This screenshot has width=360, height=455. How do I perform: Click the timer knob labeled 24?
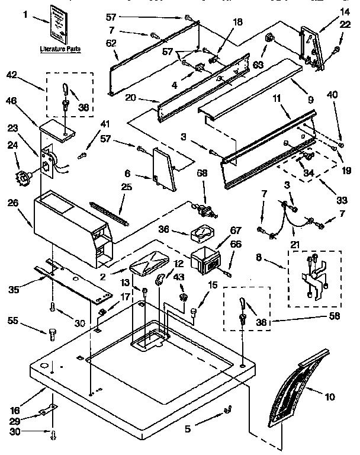24,176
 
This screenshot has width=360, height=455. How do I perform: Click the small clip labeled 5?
226,411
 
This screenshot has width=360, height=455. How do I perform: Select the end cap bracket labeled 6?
164,169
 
